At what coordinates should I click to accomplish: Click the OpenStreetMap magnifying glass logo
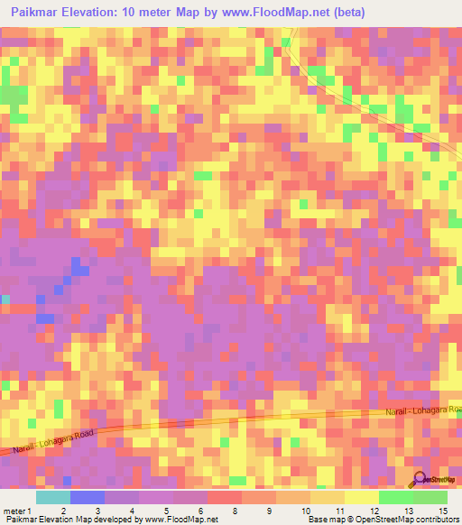coord(420,477)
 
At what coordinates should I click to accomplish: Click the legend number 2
coord(62,511)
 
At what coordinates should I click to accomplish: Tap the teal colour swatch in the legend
coord(53,497)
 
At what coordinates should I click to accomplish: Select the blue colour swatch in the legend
coord(88,497)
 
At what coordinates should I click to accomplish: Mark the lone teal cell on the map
coord(5,299)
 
